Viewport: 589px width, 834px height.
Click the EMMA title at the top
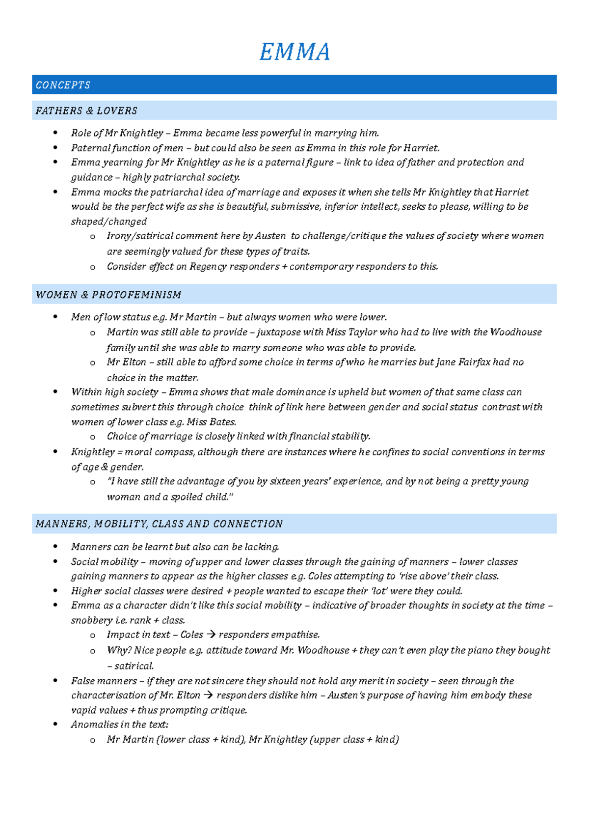(x=294, y=52)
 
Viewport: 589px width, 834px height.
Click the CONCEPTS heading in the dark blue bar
(x=63, y=85)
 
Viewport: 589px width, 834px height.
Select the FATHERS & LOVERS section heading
(x=86, y=111)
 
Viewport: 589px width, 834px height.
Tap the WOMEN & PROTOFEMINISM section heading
(x=108, y=295)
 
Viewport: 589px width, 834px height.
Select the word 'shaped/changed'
(x=108, y=222)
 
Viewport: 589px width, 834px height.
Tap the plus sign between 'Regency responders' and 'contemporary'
(x=285, y=267)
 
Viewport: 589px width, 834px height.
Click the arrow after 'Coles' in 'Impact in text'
(x=211, y=635)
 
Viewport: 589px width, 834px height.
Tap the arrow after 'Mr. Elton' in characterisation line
(x=208, y=695)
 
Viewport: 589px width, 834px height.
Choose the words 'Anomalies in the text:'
(x=120, y=724)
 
